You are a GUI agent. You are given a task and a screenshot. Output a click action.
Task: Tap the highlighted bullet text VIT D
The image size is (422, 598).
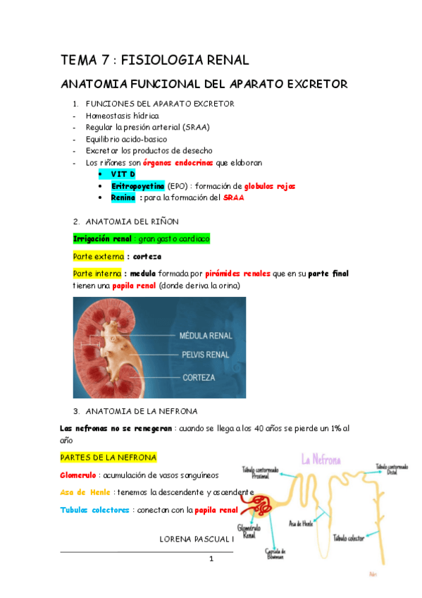[123, 173]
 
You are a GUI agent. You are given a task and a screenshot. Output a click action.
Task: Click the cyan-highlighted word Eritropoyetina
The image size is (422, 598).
[137, 185]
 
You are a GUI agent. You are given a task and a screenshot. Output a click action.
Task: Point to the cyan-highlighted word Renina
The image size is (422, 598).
[123, 197]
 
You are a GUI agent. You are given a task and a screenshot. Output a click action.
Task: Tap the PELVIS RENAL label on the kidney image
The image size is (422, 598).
[205, 354]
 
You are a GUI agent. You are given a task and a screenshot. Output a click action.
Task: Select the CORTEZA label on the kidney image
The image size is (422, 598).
[199, 377]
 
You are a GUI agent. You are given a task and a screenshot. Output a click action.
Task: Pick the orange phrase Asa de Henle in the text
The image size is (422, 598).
[92, 492]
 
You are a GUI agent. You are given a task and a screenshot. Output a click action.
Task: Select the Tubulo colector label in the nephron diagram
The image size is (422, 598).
[348, 538]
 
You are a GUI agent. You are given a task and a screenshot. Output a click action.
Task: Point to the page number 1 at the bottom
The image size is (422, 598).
[211, 559]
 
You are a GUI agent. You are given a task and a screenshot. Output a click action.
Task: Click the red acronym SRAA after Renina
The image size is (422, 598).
[234, 197]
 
